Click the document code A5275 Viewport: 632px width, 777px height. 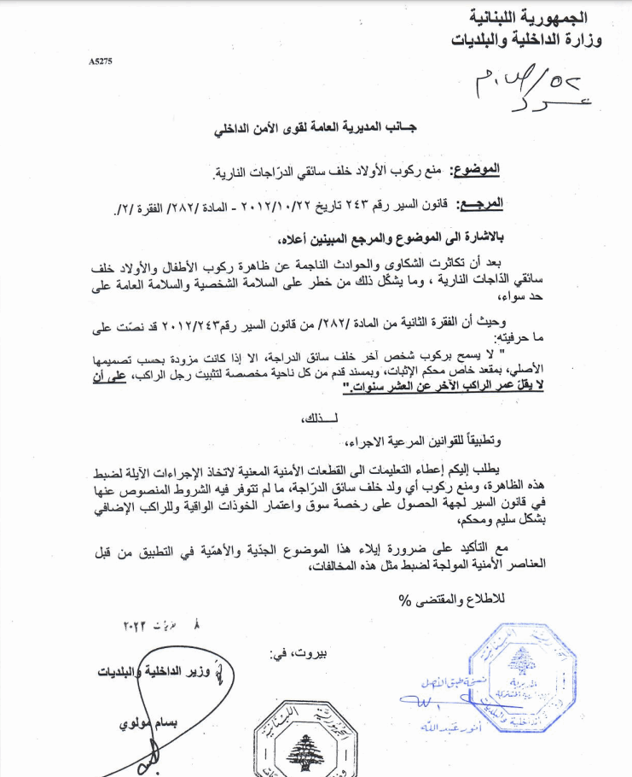pyautogui.click(x=100, y=62)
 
